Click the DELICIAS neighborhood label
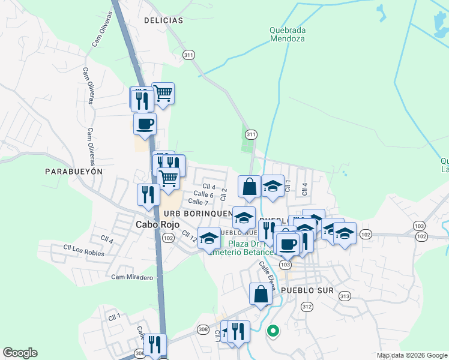point(163,20)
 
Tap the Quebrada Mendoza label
point(288,34)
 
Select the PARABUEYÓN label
point(74,171)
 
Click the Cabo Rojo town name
point(151,225)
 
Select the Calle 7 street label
point(197,202)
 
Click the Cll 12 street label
point(190,237)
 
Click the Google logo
point(20,353)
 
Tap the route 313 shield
point(344,296)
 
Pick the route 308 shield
point(203,329)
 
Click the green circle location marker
point(273,330)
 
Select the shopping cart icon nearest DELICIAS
point(163,93)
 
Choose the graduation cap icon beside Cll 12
point(209,238)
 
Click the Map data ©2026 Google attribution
point(411,355)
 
